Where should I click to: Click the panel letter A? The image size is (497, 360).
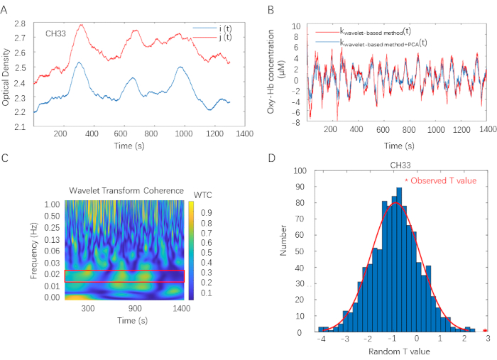(5, 9)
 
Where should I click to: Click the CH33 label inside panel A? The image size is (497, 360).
(56, 33)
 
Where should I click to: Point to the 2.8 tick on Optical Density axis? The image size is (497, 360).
(21, 24)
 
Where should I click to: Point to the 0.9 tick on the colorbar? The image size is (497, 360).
(206, 212)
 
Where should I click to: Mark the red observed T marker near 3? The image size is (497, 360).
(485, 329)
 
